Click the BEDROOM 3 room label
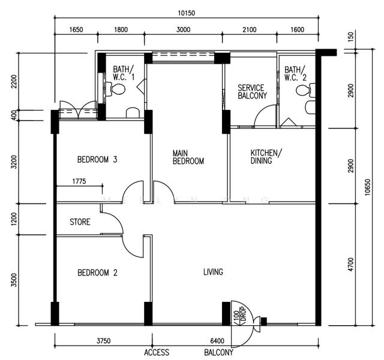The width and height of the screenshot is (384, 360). [97, 160]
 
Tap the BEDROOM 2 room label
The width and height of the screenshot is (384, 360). [97, 272]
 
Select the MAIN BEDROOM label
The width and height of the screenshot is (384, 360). [188, 157]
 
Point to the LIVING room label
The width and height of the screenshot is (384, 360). [213, 272]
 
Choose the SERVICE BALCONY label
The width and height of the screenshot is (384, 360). [252, 92]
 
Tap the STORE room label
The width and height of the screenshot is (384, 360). [80, 222]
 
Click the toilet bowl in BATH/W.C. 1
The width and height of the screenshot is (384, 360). [118, 89]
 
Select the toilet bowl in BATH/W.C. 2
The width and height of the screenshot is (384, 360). [305, 91]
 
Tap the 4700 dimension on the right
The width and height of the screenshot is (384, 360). [350, 265]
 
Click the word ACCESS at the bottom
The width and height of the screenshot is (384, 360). [157, 353]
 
